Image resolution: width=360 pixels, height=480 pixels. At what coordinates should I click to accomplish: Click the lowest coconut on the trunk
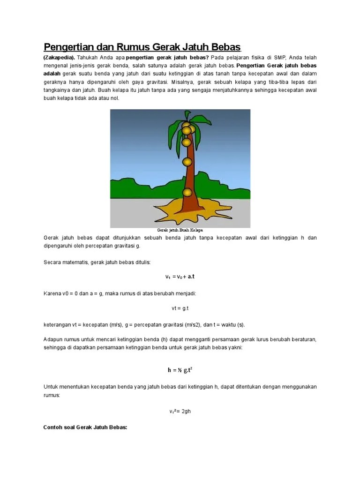tap(187, 192)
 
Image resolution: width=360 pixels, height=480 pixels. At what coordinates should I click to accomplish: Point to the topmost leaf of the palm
tap(187, 115)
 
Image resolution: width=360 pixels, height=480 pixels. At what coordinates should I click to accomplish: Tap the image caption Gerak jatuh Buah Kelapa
tap(180, 230)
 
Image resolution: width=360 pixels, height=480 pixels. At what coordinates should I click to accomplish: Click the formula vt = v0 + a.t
tap(180, 277)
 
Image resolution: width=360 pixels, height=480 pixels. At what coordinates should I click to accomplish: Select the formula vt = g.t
tap(180, 308)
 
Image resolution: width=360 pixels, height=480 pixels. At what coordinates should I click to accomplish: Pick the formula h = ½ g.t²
tap(180, 370)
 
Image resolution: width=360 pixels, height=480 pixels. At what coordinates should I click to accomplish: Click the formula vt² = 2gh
tap(180, 411)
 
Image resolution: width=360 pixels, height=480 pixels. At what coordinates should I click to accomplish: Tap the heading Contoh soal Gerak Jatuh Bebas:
tap(85, 427)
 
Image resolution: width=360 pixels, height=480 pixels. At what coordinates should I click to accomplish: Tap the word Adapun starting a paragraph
tap(53, 340)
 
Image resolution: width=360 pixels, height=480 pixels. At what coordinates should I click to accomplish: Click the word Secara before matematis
tap(52, 262)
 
